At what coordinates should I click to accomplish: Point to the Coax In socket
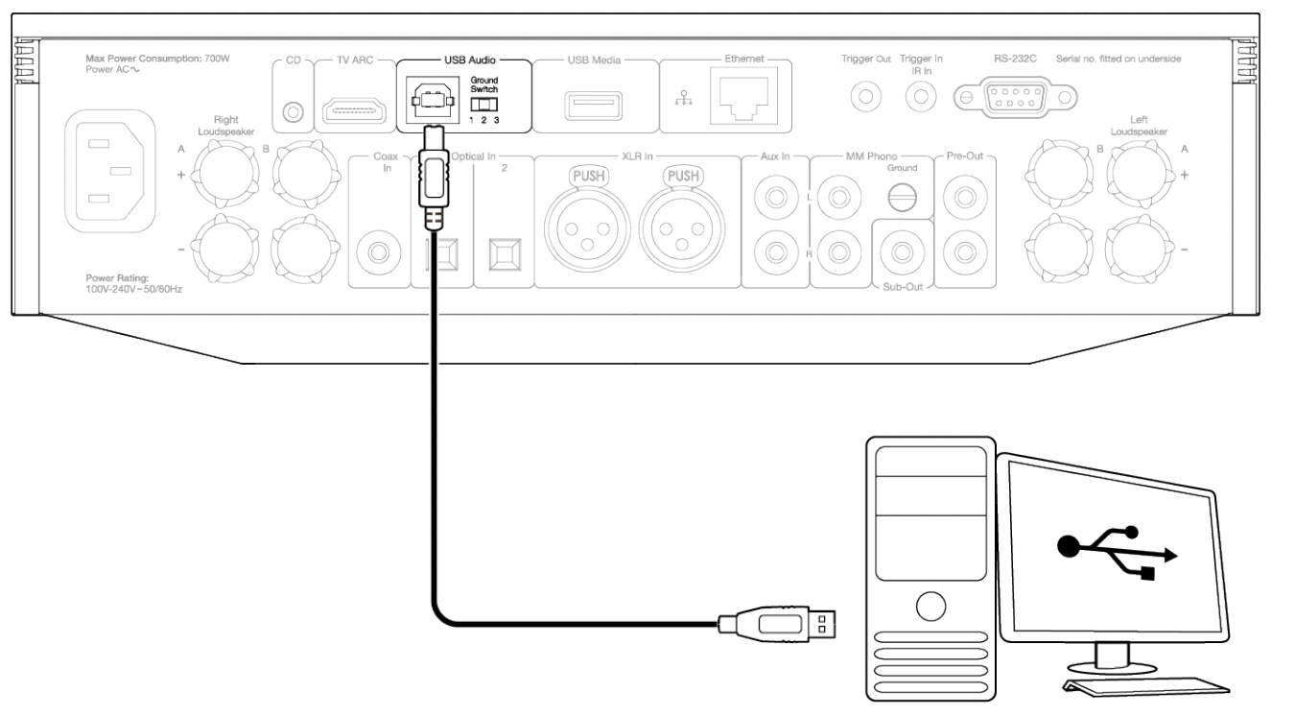click(373, 253)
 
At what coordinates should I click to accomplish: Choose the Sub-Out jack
click(902, 253)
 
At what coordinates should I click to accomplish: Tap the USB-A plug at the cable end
click(780, 624)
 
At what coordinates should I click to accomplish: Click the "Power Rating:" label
click(113, 277)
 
